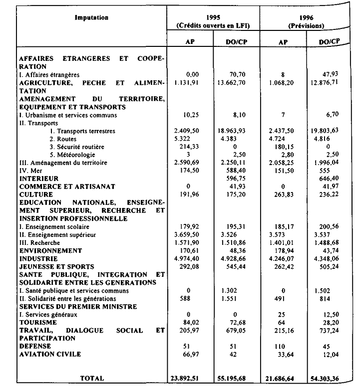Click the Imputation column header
[x=92, y=18]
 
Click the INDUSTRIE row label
[x=38, y=259]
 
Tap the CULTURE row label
[x=34, y=194]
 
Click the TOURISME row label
[x=36, y=323]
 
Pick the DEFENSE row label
[x=33, y=347]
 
